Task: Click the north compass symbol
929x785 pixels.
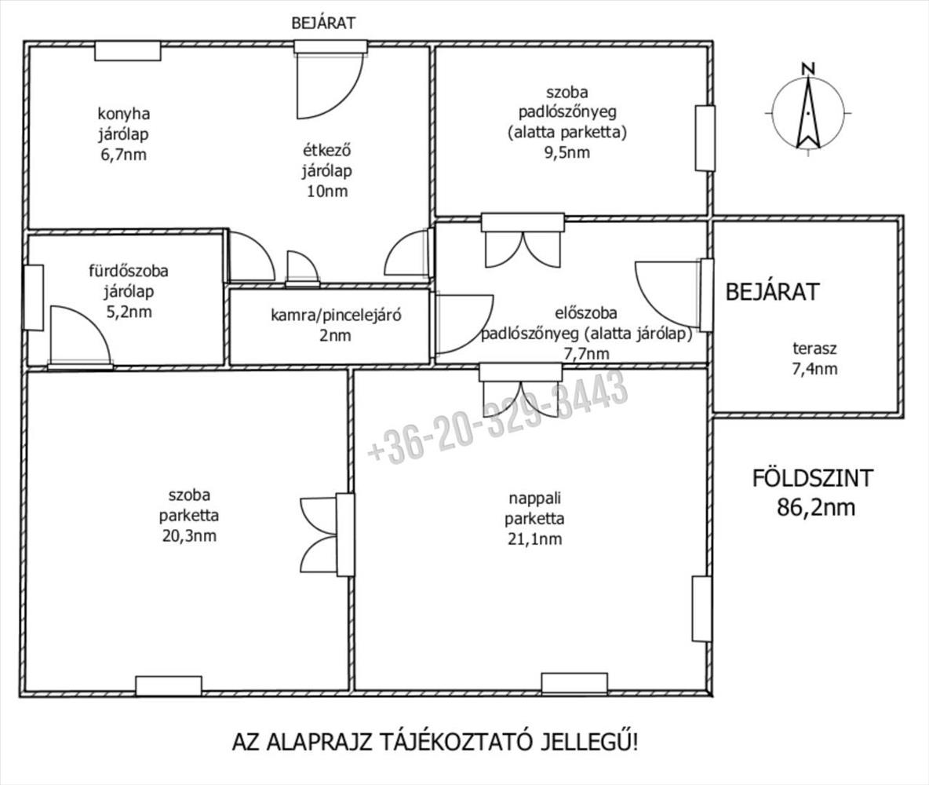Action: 807,109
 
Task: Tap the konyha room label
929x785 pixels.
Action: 123,113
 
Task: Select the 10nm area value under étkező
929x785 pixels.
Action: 327,191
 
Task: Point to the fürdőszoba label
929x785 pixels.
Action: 129,271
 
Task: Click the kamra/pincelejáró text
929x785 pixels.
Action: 336,315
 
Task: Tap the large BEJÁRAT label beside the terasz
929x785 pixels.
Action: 773,292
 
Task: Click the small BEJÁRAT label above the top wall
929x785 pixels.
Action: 323,23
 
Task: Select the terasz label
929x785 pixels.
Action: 814,348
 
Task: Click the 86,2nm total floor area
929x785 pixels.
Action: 816,508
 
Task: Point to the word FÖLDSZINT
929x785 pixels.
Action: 812,478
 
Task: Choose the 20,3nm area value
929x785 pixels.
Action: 189,536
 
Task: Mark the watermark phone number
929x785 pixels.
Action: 497,416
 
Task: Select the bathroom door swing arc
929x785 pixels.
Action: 81,334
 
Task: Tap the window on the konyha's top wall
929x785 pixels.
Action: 127,51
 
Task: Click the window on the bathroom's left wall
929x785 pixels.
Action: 33,298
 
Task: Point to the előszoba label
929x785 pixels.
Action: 586,312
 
